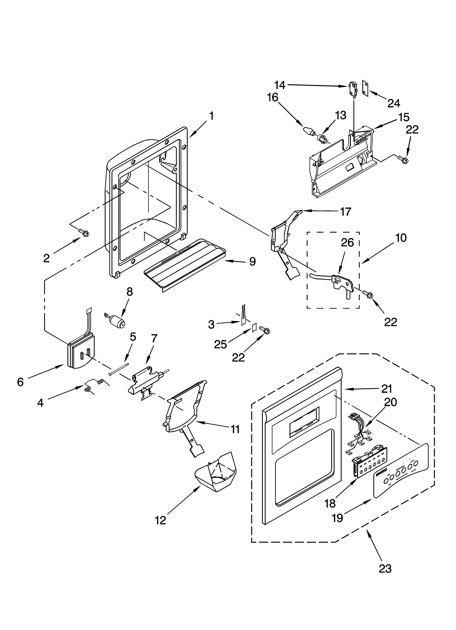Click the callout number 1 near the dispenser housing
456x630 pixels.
pyautogui.click(x=211, y=116)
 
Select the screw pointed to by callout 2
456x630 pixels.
pyautogui.click(x=84, y=233)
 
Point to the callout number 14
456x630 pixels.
pyautogui.click(x=280, y=85)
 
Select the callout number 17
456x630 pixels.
pyautogui.click(x=345, y=212)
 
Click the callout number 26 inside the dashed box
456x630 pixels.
pyautogui.click(x=347, y=242)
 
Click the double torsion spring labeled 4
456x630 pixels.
pyautogui.click(x=95, y=385)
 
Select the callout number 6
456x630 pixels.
pyautogui.click(x=20, y=382)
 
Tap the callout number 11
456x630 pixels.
pyautogui.click(x=235, y=429)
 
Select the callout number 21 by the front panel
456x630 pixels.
pyautogui.click(x=386, y=389)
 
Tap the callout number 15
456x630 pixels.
pyautogui.click(x=404, y=117)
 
